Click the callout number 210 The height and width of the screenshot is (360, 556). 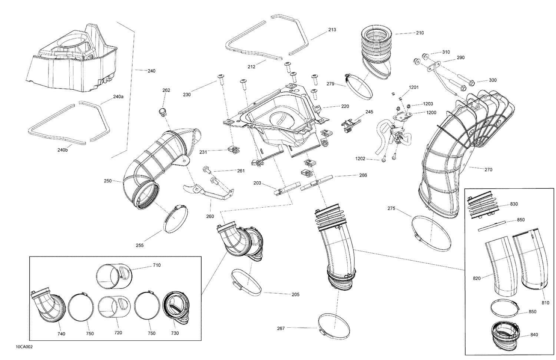coord(420,33)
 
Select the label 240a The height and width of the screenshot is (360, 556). coord(118,97)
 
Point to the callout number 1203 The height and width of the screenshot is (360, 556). coord(428,104)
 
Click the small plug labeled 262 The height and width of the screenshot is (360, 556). coord(162,111)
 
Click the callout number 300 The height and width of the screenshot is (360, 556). coord(493,80)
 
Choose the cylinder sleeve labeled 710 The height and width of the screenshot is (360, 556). coord(113,277)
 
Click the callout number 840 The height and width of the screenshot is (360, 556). coord(534,335)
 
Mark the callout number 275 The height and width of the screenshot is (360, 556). coord(391,209)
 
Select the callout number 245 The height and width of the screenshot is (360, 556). coord(369,112)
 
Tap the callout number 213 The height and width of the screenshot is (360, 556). coord(332,30)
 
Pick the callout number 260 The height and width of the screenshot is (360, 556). coord(210,217)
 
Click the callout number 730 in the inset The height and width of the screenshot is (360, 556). coord(175,333)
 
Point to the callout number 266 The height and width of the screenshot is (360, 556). coord(363,175)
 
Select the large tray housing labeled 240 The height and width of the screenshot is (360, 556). coord(74,63)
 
